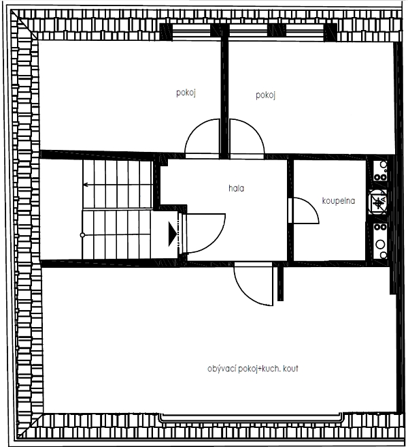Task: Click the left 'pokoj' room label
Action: [186, 94]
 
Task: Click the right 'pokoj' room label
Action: [265, 95]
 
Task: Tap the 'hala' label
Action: [236, 188]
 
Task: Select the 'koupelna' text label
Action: [339, 200]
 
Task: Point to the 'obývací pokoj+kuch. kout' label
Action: [253, 369]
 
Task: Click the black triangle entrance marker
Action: [173, 235]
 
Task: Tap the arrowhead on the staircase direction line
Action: [85, 184]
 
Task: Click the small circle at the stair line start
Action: [83, 234]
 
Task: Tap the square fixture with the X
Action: [378, 202]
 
